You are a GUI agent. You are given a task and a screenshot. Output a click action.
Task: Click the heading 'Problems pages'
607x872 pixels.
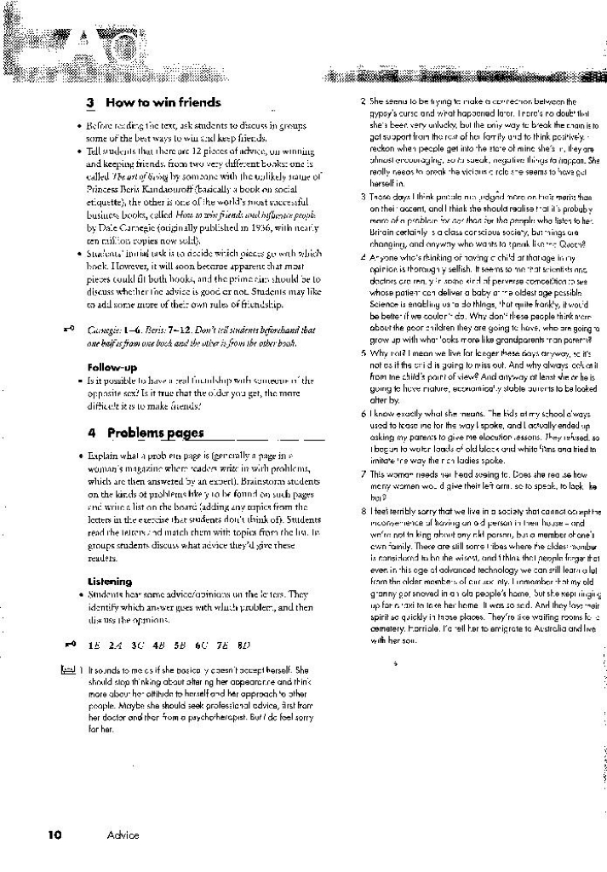pyautogui.click(x=155, y=433)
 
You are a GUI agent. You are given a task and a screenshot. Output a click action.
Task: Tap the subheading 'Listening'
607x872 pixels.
pyautogui.click(x=110, y=582)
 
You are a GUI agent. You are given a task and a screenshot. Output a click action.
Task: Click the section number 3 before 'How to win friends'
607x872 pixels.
pyautogui.click(x=90, y=102)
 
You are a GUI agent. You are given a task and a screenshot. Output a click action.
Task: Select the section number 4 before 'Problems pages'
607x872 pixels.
pyautogui.click(x=90, y=433)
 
